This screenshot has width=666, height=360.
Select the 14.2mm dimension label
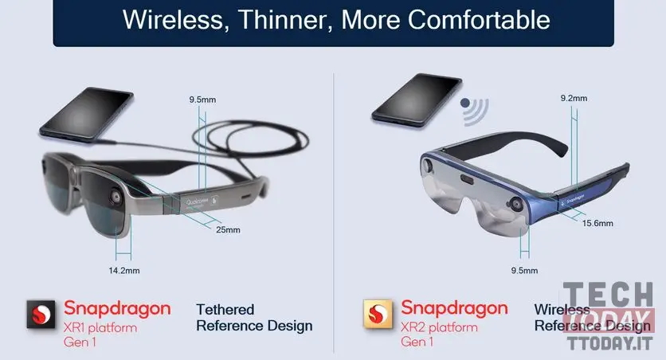123,270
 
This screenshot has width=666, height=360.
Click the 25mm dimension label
227,230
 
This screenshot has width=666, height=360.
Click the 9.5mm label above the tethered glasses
203,100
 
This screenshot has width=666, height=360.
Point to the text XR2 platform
439,327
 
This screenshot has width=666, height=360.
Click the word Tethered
225,309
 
